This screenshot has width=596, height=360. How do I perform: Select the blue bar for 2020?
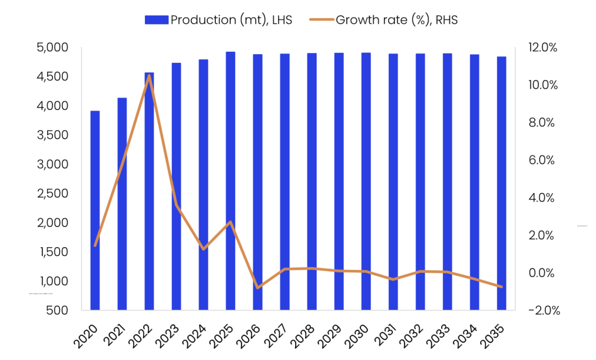[x=95, y=209]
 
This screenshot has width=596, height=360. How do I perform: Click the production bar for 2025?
[x=230, y=180]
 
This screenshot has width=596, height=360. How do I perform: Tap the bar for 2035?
[x=501, y=183]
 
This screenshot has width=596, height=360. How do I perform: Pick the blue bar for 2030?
[x=366, y=181]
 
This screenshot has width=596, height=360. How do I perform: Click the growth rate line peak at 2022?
[x=149, y=76]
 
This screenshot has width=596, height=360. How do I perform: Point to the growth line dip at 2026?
[x=258, y=287]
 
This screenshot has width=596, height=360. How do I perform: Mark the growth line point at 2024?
[x=203, y=249]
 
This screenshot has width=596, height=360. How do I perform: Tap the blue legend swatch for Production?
[x=157, y=20]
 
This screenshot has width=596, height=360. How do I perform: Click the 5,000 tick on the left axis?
[x=52, y=47]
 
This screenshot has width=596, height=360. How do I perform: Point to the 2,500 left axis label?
[x=52, y=193]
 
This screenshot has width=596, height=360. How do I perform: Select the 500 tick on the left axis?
[x=60, y=310]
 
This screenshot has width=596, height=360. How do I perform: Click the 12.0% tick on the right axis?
[x=541, y=47]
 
